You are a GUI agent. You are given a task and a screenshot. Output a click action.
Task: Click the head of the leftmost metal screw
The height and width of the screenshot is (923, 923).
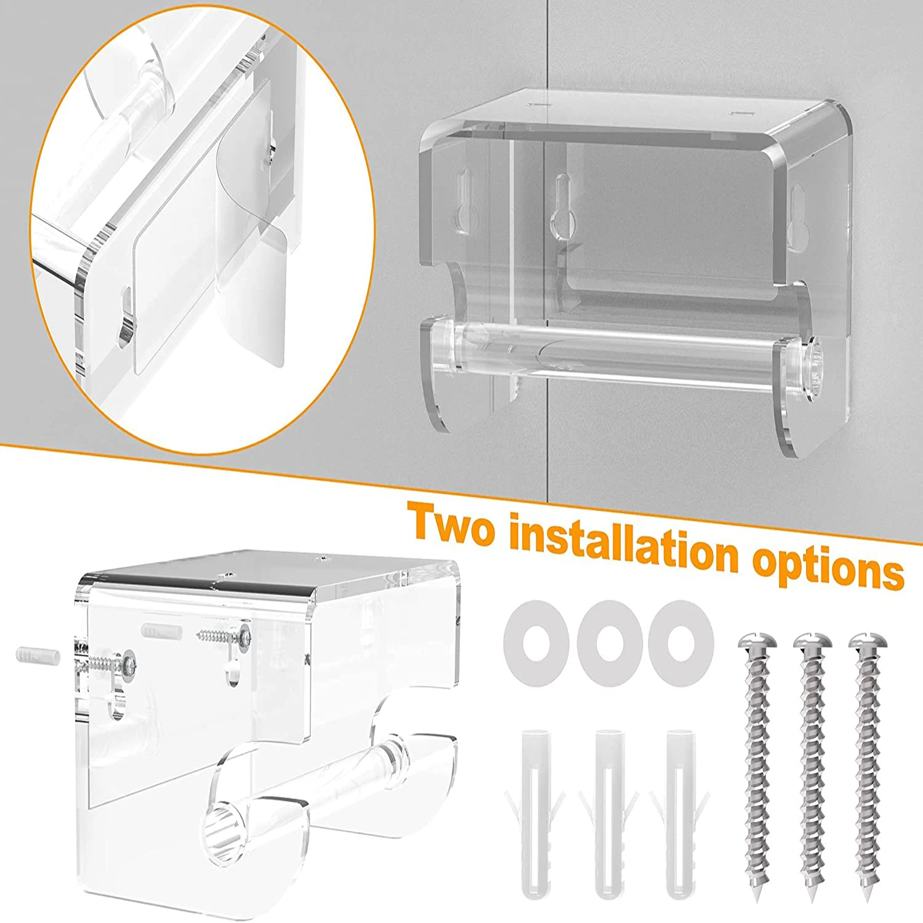click(757, 646)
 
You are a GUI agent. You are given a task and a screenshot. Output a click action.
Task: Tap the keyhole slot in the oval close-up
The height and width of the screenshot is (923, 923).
click(126, 314)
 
